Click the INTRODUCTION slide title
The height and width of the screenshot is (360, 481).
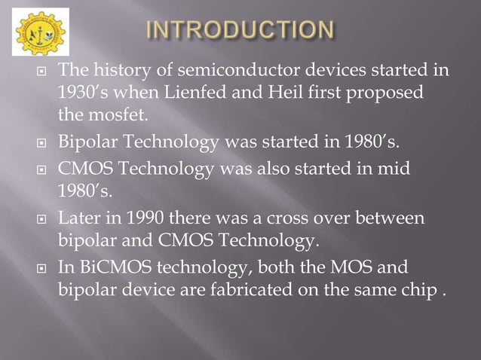[x=239, y=32]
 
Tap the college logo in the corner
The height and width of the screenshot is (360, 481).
[x=41, y=32]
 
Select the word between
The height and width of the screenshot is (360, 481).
[x=387, y=219]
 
